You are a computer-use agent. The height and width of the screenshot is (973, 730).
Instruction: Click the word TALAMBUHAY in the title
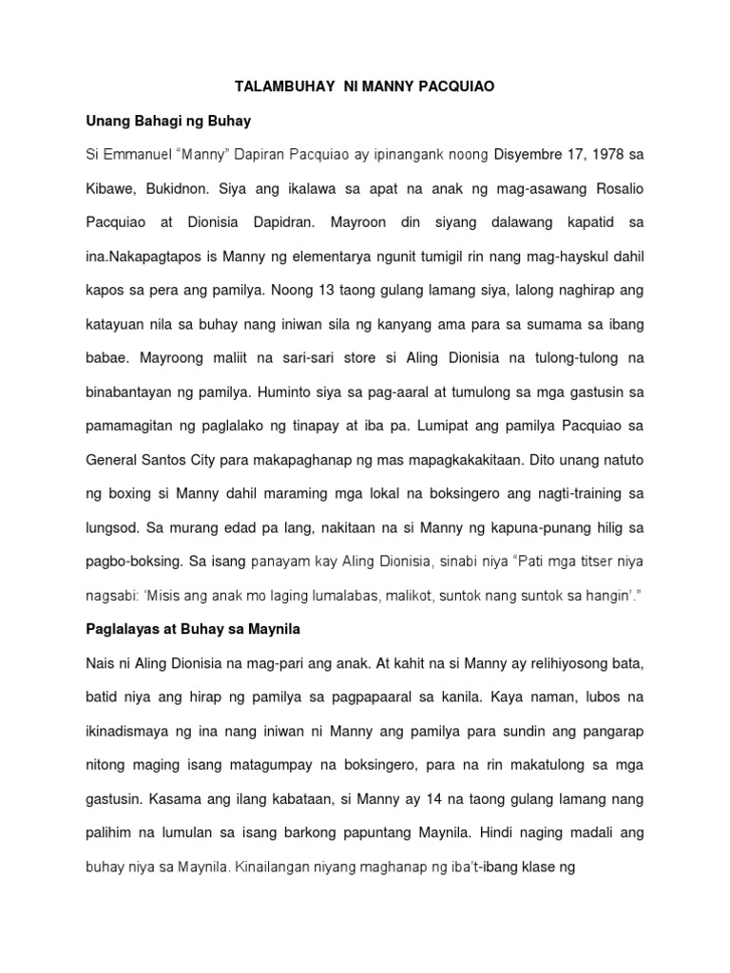[277, 86]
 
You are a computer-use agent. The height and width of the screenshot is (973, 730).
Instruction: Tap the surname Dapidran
[317, 222]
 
